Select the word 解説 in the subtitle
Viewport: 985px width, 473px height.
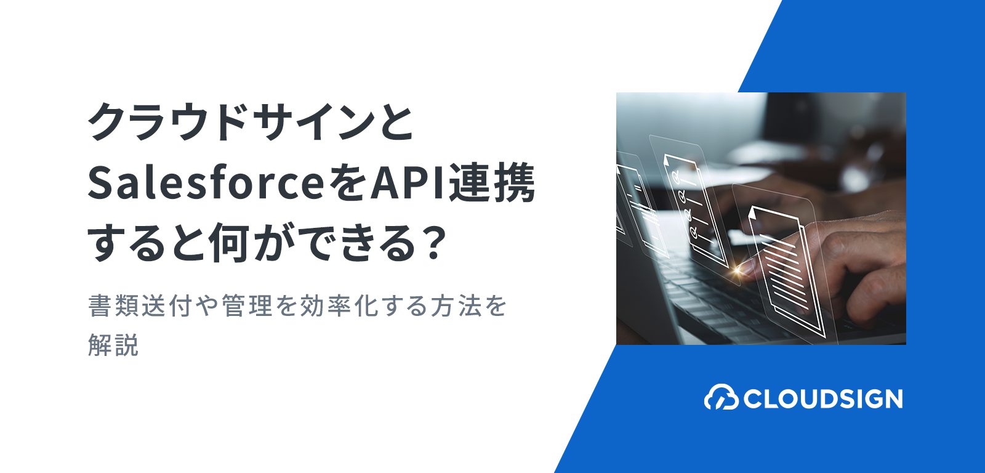113,344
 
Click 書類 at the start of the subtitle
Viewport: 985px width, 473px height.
114,306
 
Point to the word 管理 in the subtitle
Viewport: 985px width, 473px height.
247,306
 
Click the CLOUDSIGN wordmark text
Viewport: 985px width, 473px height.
822,398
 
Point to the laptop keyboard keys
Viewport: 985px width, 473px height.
721,299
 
